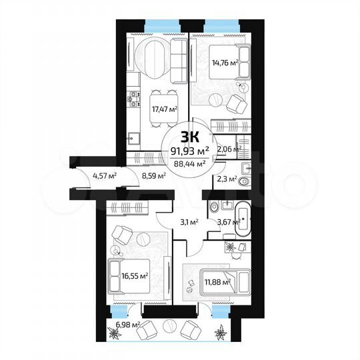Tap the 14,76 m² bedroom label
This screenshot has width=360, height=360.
(226, 65)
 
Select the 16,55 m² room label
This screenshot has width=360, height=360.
(135, 274)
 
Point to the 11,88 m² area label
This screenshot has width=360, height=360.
(217, 281)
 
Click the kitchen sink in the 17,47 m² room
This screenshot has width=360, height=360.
(134, 138)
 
